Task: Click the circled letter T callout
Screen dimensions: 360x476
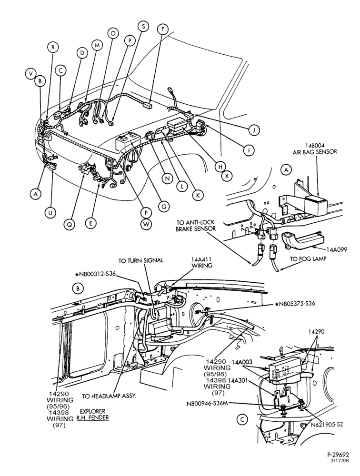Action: pos(163,29)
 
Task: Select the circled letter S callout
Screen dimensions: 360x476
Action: pos(143,26)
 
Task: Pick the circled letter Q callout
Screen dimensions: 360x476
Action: pos(69,224)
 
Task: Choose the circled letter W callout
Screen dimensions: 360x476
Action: pos(146,224)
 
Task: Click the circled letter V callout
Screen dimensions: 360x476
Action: pos(30,74)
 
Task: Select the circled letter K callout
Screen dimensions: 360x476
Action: pos(198,195)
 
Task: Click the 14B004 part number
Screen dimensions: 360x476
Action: pos(315,145)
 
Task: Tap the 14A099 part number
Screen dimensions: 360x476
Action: pos(337,250)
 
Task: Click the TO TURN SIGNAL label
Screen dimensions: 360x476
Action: pos(140,260)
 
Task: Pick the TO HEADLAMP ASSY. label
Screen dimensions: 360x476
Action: pos(110,397)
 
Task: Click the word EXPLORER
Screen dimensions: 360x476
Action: pos(92,411)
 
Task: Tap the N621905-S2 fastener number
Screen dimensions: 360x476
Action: pos(327,425)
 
